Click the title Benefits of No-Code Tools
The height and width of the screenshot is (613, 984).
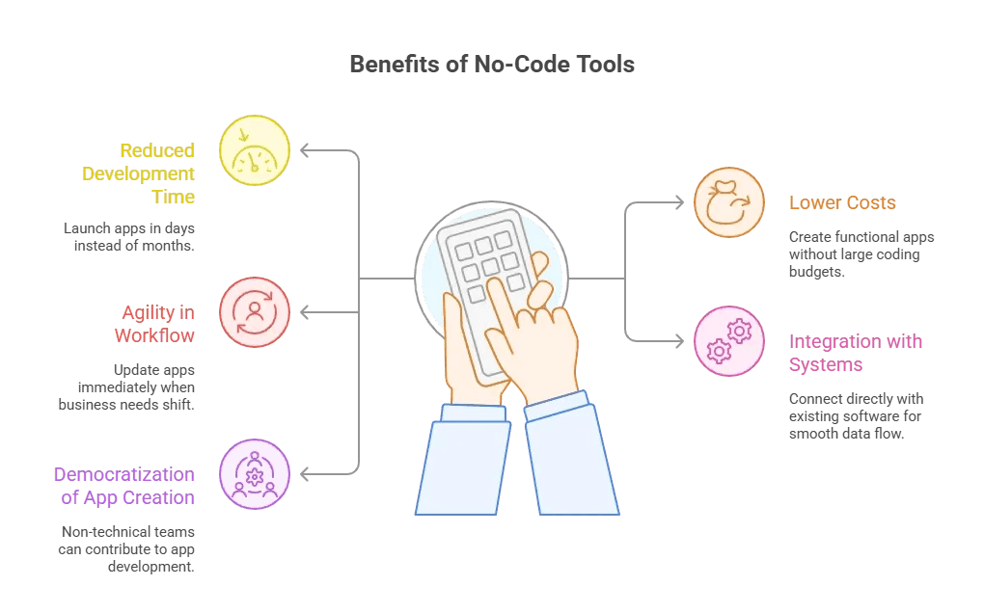click(x=491, y=65)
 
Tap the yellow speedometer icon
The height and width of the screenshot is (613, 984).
click(x=255, y=150)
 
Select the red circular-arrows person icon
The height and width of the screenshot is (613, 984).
click(x=255, y=312)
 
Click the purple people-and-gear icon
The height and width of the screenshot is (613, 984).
click(x=255, y=474)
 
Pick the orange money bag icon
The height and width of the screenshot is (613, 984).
click(x=729, y=202)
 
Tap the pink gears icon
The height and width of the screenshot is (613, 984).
click(x=729, y=341)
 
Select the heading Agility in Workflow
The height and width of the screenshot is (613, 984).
click(x=154, y=324)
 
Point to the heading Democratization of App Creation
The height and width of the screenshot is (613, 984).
click(x=124, y=486)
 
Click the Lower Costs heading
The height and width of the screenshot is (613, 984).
click(x=842, y=202)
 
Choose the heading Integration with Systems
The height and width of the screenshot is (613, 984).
click(x=855, y=353)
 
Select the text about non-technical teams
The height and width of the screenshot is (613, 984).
click(x=128, y=548)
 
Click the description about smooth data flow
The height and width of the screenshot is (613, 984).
click(x=856, y=416)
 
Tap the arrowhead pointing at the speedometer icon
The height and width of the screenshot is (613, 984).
click(x=305, y=150)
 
